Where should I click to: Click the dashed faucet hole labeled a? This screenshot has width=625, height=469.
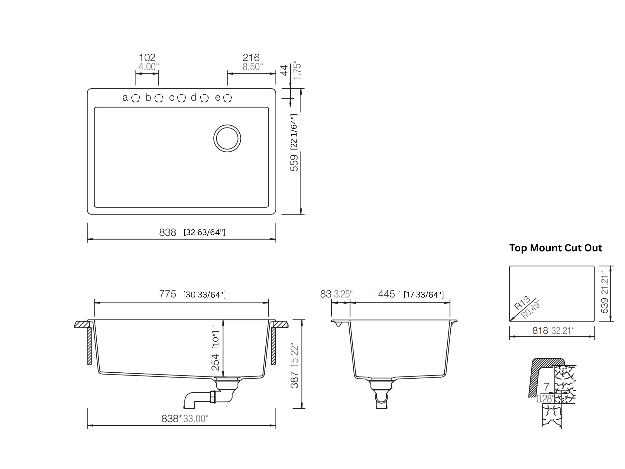click(x=135, y=98)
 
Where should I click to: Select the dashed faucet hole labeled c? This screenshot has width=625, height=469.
click(x=182, y=98)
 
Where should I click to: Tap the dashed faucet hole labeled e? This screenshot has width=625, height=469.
click(x=227, y=98)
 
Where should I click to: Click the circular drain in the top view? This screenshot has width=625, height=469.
click(x=227, y=139)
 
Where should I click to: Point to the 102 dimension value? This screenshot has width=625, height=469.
click(x=147, y=58)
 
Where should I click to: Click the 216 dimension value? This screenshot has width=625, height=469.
click(x=251, y=58)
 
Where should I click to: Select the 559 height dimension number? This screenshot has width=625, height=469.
click(x=294, y=163)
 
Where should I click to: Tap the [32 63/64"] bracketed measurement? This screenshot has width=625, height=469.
click(x=205, y=232)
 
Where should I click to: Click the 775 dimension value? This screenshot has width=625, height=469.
click(x=168, y=294)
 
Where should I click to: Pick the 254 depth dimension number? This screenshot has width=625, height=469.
click(x=216, y=362)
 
